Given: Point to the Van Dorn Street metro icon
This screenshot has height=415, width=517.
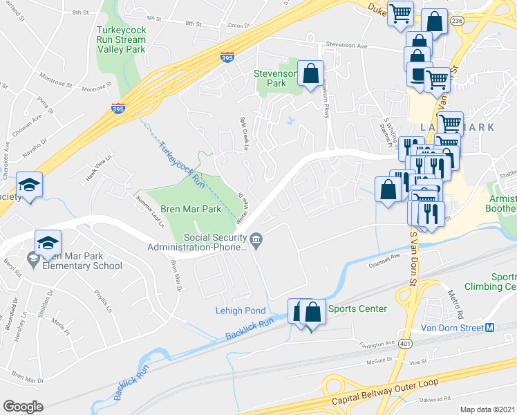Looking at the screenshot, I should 489,328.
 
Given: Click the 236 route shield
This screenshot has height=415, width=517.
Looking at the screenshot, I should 457,21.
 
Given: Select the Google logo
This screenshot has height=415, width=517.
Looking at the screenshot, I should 23,406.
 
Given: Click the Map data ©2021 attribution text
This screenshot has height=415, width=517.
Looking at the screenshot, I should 487,409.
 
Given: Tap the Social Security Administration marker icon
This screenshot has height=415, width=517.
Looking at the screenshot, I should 256,241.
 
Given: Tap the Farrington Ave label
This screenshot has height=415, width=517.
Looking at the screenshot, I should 376,342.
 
